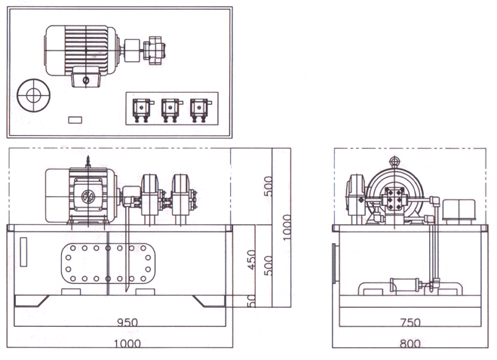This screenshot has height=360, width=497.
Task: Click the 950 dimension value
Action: click(128, 322)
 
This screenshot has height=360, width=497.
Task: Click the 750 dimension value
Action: click(410, 322)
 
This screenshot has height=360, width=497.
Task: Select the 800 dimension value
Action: click(410, 344)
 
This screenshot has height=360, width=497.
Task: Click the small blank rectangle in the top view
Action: click(75, 119)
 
